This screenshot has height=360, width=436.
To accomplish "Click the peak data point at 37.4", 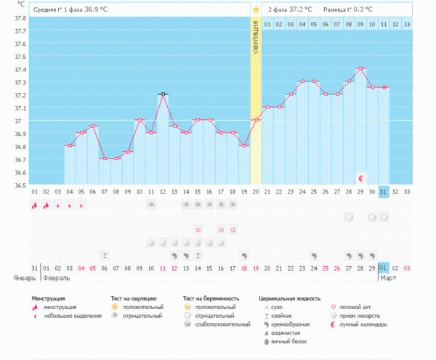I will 360,68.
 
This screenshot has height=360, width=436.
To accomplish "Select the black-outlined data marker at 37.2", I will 163,94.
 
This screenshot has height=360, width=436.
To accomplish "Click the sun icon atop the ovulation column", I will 256,9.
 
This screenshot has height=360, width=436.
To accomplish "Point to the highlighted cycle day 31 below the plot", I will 384,191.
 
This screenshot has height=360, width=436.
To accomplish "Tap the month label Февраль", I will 56,278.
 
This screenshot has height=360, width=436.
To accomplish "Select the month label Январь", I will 25,278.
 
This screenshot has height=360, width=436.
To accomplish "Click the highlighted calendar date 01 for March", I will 384,268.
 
